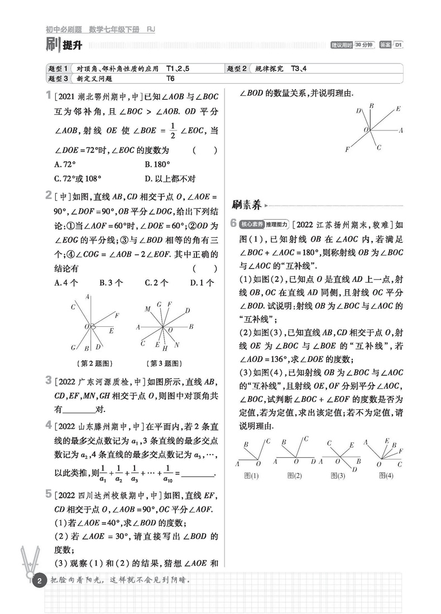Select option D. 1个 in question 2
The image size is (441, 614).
coord(202,283)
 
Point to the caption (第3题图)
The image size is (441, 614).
coord(163,363)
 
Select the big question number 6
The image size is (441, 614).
coord(234,224)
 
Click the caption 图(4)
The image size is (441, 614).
coord(386,476)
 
